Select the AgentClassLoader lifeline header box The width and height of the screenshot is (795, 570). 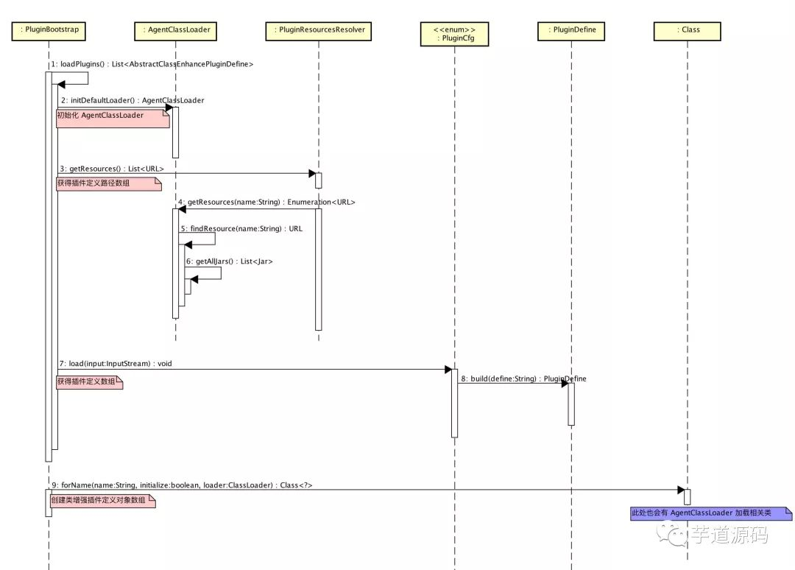pyautogui.click(x=174, y=30)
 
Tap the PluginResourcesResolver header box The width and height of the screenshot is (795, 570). pyautogui.click(x=319, y=30)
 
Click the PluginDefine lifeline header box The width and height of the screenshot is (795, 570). pyautogui.click(x=571, y=30)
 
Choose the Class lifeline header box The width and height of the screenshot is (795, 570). pyautogui.click(x=688, y=30)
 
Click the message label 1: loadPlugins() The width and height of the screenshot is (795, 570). pyautogui.click(x=152, y=65)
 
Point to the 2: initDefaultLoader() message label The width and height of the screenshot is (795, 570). pyautogui.click(x=132, y=100)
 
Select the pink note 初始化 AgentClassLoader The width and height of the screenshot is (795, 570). pyautogui.click(x=113, y=118)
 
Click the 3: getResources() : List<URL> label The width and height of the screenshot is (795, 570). pyautogui.click(x=112, y=169)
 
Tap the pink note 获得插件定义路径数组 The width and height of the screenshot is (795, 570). pyautogui.click(x=108, y=183)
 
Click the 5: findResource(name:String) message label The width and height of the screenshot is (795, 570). pyautogui.click(x=241, y=229)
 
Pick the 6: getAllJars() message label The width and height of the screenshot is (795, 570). pyautogui.click(x=229, y=261)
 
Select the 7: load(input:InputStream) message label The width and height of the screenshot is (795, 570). pyautogui.click(x=116, y=364)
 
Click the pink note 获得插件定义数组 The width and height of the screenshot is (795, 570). pyautogui.click(x=89, y=381)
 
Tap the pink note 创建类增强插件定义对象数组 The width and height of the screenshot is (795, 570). pyautogui.click(x=102, y=501)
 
